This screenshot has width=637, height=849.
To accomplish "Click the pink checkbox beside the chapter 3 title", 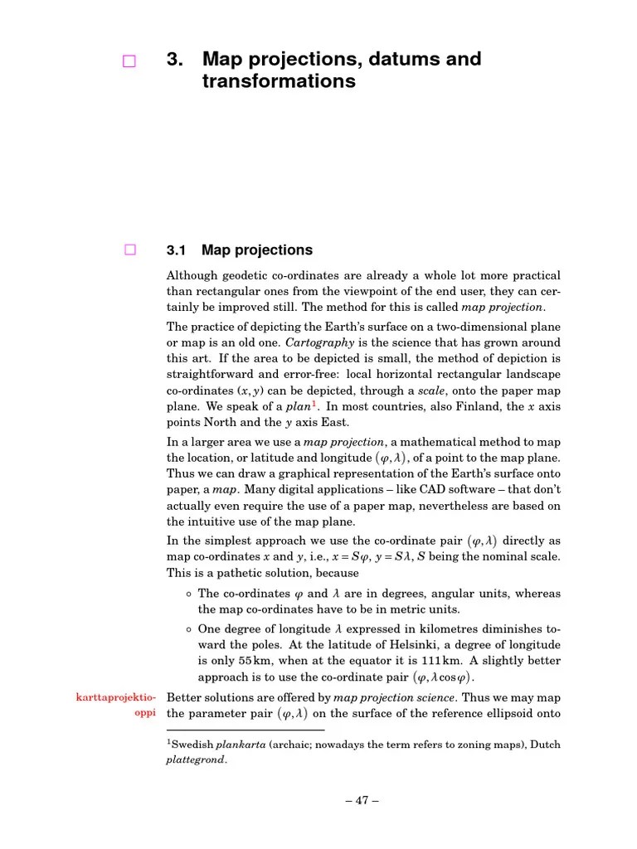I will click(x=129, y=61).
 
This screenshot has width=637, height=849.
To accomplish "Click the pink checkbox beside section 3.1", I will click(x=129, y=250).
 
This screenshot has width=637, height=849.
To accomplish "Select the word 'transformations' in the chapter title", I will click(x=279, y=81).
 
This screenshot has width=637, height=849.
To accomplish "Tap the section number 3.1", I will click(x=178, y=250).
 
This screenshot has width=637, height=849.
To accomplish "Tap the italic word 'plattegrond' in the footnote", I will click(x=197, y=759).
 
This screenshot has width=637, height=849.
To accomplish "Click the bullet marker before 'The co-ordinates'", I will click(x=189, y=594).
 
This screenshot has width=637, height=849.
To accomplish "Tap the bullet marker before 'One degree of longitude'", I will click(x=189, y=629).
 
